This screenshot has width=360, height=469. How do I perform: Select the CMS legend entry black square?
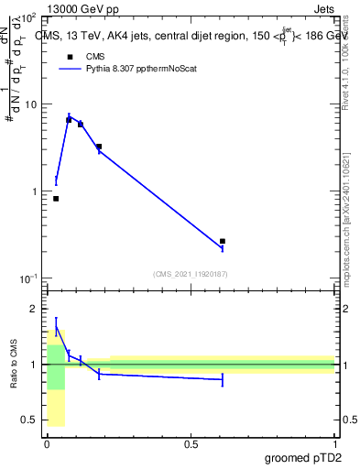click(x=69, y=56)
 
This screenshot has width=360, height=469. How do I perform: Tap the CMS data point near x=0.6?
click(x=223, y=241)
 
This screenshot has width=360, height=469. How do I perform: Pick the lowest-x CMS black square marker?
click(x=56, y=199)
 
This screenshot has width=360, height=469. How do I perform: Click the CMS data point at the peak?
click(x=69, y=120)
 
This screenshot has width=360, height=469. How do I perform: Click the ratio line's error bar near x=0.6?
click(x=223, y=379)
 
